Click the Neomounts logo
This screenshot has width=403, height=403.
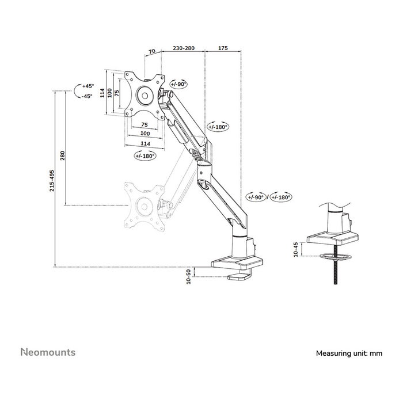(x=48, y=352)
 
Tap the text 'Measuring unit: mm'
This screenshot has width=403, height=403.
(x=349, y=353)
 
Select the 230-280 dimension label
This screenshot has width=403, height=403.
(x=184, y=48)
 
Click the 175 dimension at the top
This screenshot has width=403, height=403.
(x=223, y=48)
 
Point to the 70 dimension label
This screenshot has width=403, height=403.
(x=152, y=51)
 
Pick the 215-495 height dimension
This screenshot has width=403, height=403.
(x=52, y=180)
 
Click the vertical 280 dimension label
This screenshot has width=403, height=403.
(x=62, y=155)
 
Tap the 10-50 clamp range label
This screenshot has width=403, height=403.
(x=189, y=276)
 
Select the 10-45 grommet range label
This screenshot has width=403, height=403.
(x=295, y=249)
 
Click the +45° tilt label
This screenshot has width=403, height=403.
(x=88, y=86)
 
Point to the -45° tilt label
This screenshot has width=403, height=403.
(x=86, y=96)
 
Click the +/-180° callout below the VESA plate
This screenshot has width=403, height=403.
(x=145, y=155)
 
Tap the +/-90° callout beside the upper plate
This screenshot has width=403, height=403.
(x=178, y=84)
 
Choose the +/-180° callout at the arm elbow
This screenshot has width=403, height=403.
(x=218, y=127)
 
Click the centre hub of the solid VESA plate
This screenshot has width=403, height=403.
(x=145, y=96)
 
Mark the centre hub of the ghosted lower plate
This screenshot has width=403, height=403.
(x=144, y=206)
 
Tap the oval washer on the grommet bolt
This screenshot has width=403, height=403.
(x=336, y=257)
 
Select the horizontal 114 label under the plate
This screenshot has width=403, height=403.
(x=145, y=144)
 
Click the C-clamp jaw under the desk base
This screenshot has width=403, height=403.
(x=239, y=276)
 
